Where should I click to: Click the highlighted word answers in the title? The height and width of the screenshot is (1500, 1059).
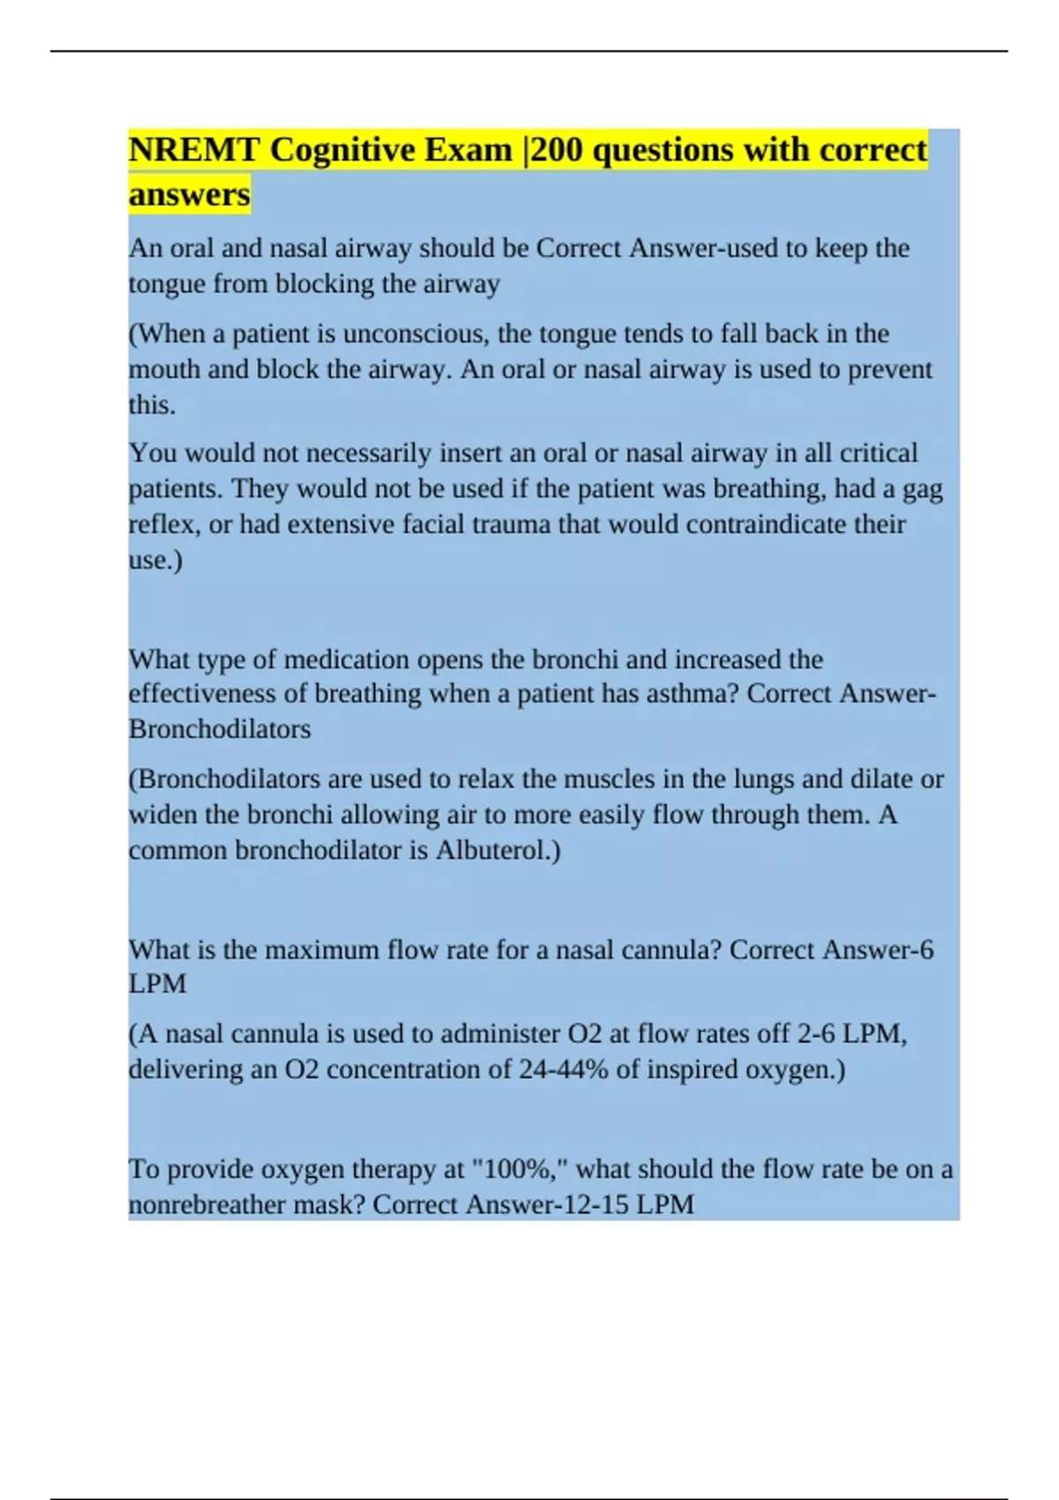(x=189, y=194)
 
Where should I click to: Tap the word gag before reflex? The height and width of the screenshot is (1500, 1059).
(x=922, y=489)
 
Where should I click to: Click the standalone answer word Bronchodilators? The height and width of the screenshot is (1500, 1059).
(x=220, y=730)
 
